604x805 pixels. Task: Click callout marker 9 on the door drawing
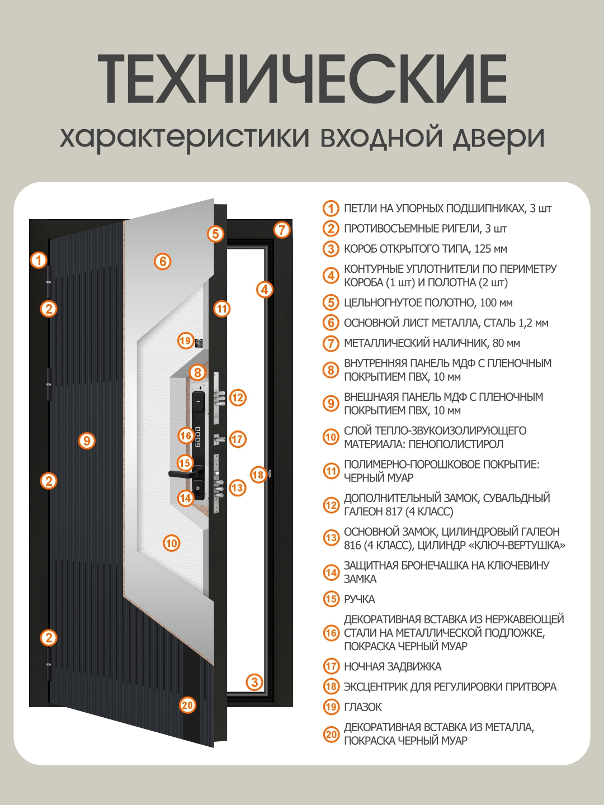click(x=86, y=441)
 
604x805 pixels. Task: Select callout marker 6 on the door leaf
click(x=162, y=261)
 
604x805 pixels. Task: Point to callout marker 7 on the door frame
click(x=282, y=229)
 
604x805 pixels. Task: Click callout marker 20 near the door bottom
click(x=187, y=705)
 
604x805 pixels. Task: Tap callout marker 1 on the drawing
click(x=39, y=260)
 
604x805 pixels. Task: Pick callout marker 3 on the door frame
click(x=254, y=682)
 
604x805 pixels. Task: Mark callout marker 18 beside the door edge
click(x=258, y=475)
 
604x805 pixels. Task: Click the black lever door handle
click(x=182, y=474)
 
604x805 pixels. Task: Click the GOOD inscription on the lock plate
click(x=198, y=437)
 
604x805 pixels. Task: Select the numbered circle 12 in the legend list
click(x=331, y=505)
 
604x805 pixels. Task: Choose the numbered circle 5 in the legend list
click(x=331, y=302)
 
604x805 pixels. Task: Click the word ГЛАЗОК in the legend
click(x=363, y=707)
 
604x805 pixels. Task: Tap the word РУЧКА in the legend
click(x=360, y=599)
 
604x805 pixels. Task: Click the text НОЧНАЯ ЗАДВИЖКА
click(x=393, y=666)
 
